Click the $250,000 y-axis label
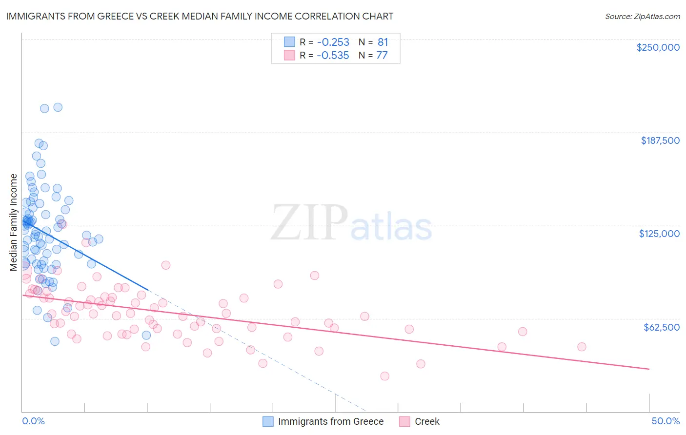point(658,47)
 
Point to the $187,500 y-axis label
point(660,140)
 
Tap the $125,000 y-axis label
point(659,234)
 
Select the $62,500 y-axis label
point(661,327)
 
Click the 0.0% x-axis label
point(33,421)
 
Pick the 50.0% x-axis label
point(666,421)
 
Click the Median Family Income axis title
point(13,222)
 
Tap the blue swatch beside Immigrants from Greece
point(268,421)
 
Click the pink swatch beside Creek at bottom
point(404,421)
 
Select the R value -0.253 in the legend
point(333,42)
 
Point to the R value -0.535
point(333,56)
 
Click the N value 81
point(383,42)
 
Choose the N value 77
point(382,56)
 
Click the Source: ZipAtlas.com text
point(642,17)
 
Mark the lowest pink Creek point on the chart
point(384,376)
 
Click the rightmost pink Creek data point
point(582,347)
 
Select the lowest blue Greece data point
point(55,341)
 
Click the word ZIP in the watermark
point(309,223)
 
